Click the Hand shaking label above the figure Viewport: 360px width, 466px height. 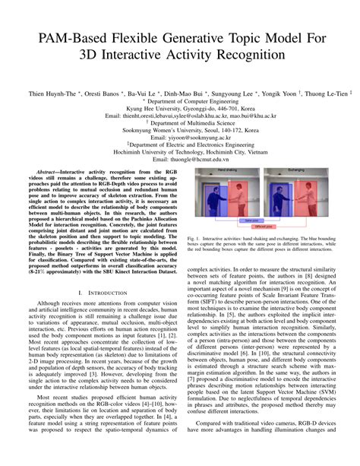click(226, 173)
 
